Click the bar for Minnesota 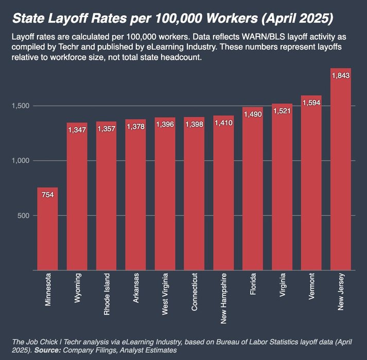[47, 229]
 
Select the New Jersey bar [340, 170]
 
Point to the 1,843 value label [340, 76]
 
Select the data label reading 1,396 [165, 125]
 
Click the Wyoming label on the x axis [77, 291]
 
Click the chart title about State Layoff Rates [172, 19]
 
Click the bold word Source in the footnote [43, 350]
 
